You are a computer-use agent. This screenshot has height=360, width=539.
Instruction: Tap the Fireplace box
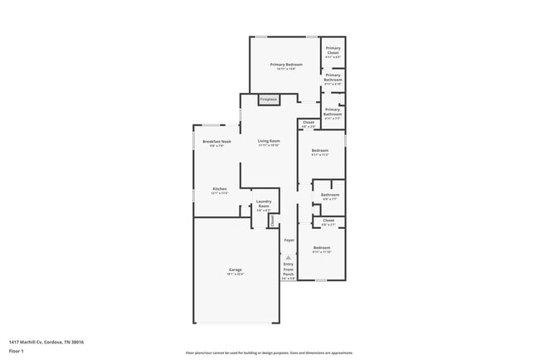269,100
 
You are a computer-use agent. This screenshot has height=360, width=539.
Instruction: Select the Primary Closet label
333,51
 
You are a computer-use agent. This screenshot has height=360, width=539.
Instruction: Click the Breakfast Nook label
216,142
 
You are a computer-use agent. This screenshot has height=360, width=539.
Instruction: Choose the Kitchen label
219,189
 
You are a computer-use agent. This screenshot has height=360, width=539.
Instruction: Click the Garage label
236,270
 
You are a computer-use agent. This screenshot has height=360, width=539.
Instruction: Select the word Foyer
289,241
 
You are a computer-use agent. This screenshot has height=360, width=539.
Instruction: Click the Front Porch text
289,271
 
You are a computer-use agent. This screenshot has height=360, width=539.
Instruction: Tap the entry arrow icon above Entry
289,257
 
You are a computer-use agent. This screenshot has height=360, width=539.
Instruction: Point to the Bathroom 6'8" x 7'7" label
330,196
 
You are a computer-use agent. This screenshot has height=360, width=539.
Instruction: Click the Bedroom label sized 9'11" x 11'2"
320,151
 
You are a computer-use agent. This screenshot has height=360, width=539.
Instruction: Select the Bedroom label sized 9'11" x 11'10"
322,249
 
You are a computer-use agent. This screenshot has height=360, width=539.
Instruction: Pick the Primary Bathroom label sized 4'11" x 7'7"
333,114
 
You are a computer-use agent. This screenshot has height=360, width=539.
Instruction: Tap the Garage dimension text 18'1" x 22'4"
236,275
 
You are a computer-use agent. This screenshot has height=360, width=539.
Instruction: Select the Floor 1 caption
17,352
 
